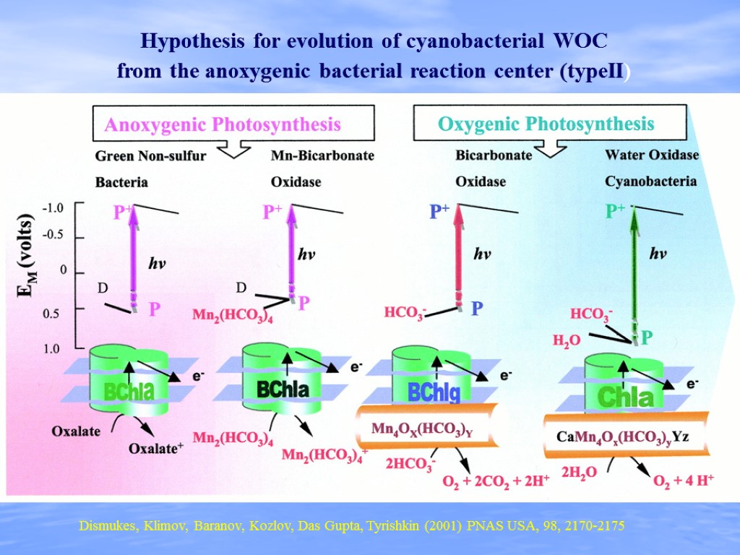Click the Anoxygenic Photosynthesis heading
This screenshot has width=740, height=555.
coord(223,125)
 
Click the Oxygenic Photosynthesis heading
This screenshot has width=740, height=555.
coord(546,124)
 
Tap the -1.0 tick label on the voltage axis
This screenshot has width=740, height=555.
coord(52,208)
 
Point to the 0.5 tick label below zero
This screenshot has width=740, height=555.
coord(53,314)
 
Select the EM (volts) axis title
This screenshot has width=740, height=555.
coord(25,257)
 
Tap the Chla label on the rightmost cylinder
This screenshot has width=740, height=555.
coord(625,396)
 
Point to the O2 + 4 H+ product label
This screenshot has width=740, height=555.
coord(683,481)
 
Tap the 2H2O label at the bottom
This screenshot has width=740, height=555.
coord(579,473)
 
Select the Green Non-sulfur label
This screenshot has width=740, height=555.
coord(151,155)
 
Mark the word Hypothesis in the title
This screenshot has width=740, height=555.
coord(194,41)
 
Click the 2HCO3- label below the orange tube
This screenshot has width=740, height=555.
coord(410,464)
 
